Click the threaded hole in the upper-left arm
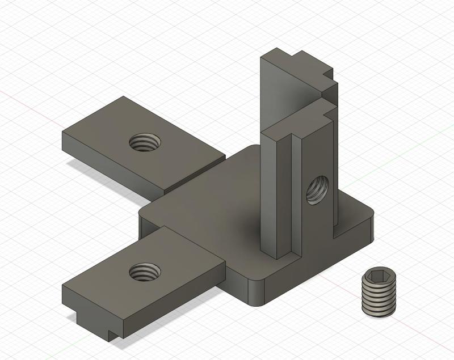tap(143, 143)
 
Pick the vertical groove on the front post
tap(295, 193)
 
